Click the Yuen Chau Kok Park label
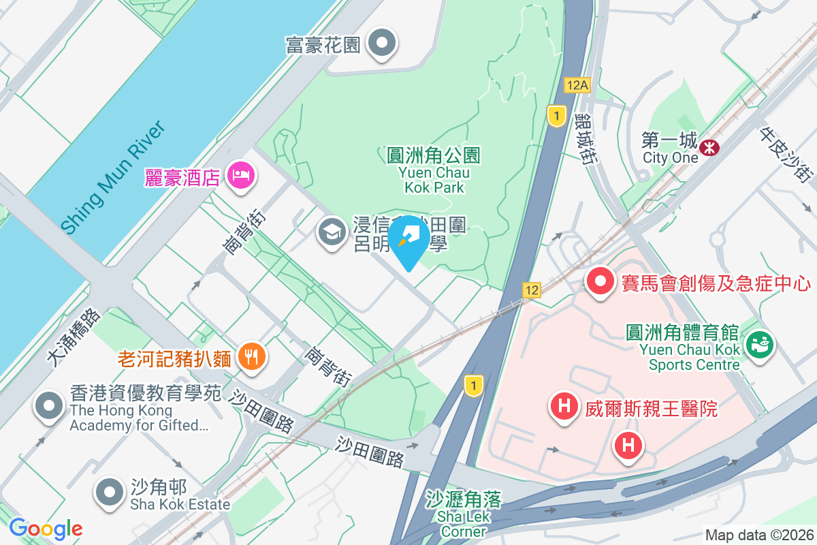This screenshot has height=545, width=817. pos(434,171)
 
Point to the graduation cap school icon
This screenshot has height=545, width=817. pos(332,234)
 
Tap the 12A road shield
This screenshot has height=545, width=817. pos(576,84)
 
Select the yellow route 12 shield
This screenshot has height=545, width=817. pos(532,290)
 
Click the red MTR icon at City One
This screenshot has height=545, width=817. pos(710,147)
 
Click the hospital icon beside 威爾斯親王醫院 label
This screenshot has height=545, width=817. pos(564,407)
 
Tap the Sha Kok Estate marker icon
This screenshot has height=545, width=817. pos(108,492)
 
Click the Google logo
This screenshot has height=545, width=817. pos(46,529)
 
